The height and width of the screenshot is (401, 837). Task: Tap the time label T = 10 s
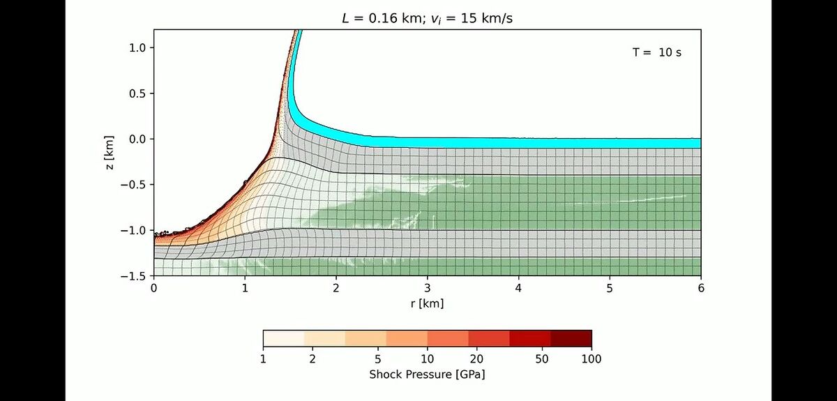coord(657,52)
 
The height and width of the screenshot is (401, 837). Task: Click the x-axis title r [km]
coord(427,303)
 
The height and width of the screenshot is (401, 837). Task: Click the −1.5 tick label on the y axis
coord(133,276)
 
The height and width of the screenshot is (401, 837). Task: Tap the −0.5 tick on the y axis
coord(133,185)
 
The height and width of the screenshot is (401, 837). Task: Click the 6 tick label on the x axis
coord(701,288)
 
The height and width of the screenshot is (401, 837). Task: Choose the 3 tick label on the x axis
coord(428,288)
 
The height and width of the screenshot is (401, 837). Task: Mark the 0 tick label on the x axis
coord(153,288)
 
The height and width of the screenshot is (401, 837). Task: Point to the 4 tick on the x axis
coord(519,288)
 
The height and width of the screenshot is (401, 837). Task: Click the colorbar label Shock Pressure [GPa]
coord(427,374)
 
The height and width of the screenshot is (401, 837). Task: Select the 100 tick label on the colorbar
coord(591,359)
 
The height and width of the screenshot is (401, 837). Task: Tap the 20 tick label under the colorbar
coord(476,359)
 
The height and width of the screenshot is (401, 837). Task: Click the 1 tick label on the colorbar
coord(263,359)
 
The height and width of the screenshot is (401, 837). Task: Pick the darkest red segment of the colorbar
coord(571,338)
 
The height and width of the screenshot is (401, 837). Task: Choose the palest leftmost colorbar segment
coord(283,338)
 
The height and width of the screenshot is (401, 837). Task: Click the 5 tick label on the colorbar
coord(377,359)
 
